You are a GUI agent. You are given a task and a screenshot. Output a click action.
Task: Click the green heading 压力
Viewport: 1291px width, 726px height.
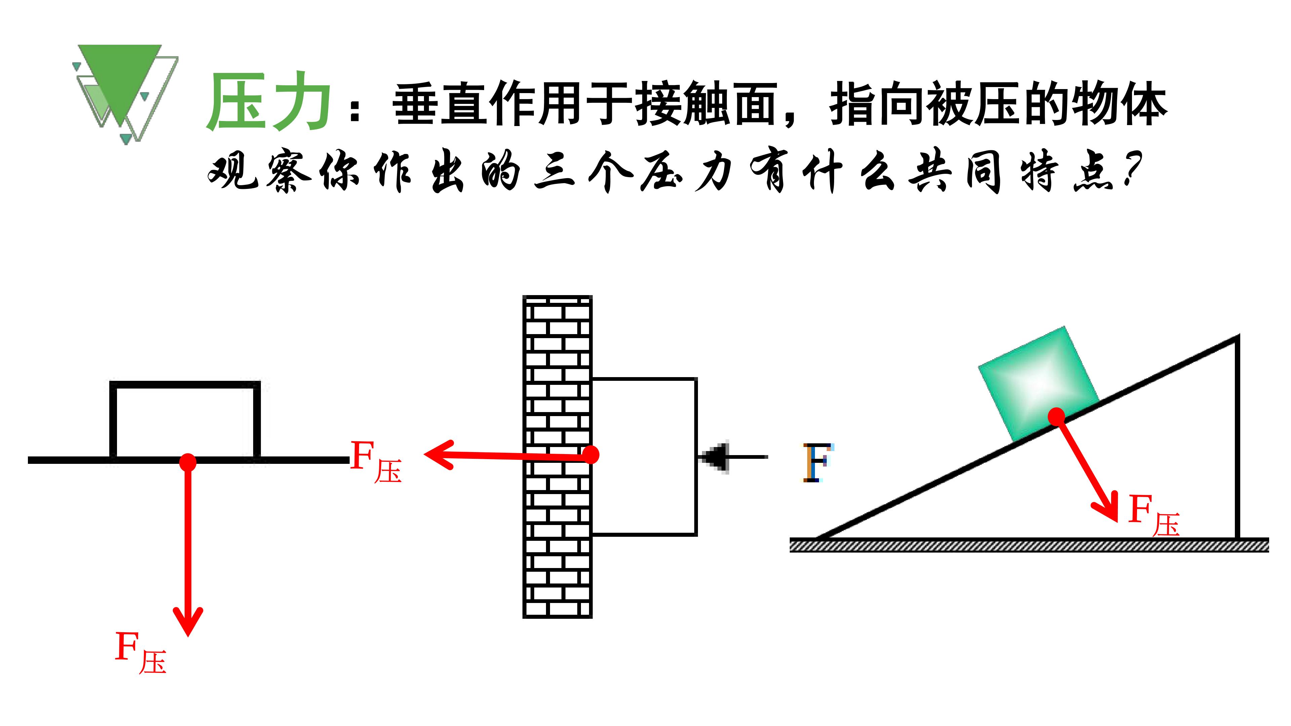[x=268, y=102]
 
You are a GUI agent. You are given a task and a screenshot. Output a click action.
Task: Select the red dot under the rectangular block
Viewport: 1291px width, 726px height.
[x=188, y=461]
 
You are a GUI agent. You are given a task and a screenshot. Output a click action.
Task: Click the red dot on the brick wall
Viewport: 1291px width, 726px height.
[x=591, y=454]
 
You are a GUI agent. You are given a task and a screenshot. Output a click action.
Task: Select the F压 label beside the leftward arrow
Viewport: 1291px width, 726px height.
[x=376, y=462]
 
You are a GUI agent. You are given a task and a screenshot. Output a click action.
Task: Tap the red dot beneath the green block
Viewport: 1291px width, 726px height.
[x=1056, y=416]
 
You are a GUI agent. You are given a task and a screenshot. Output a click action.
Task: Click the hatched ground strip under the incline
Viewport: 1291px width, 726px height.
[x=1027, y=546]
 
